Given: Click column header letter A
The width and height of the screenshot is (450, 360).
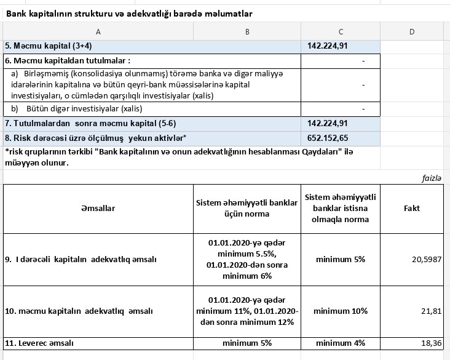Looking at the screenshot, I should click(x=98, y=31).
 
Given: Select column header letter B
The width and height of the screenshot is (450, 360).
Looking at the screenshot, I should click(x=247, y=31).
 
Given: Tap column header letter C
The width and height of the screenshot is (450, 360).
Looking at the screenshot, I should click(x=341, y=31).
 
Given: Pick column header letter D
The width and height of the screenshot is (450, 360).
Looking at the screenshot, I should click(x=412, y=31).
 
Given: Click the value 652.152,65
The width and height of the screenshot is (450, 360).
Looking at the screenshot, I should click(x=328, y=138).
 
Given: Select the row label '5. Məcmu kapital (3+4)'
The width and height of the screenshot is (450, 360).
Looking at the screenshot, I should click(x=49, y=46).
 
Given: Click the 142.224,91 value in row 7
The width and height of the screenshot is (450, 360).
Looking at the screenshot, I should click(x=328, y=123).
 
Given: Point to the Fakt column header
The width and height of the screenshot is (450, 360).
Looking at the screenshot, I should click(x=412, y=209).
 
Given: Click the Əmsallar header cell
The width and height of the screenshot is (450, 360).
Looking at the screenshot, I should click(x=98, y=209).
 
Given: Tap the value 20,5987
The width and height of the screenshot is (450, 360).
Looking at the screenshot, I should click(x=427, y=260).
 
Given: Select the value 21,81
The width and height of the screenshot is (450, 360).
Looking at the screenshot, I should click(x=432, y=311).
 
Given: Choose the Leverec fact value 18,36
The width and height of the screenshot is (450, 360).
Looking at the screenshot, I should click(x=432, y=343).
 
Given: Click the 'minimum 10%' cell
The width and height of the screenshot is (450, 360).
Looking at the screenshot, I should click(x=341, y=311).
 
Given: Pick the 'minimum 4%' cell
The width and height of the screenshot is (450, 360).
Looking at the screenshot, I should click(x=341, y=343).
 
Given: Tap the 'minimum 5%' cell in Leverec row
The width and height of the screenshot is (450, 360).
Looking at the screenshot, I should click(x=247, y=343).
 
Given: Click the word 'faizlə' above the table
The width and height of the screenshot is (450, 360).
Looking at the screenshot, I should click(x=431, y=178).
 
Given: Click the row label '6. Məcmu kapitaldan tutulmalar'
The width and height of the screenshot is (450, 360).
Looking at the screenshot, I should click(x=68, y=61).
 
